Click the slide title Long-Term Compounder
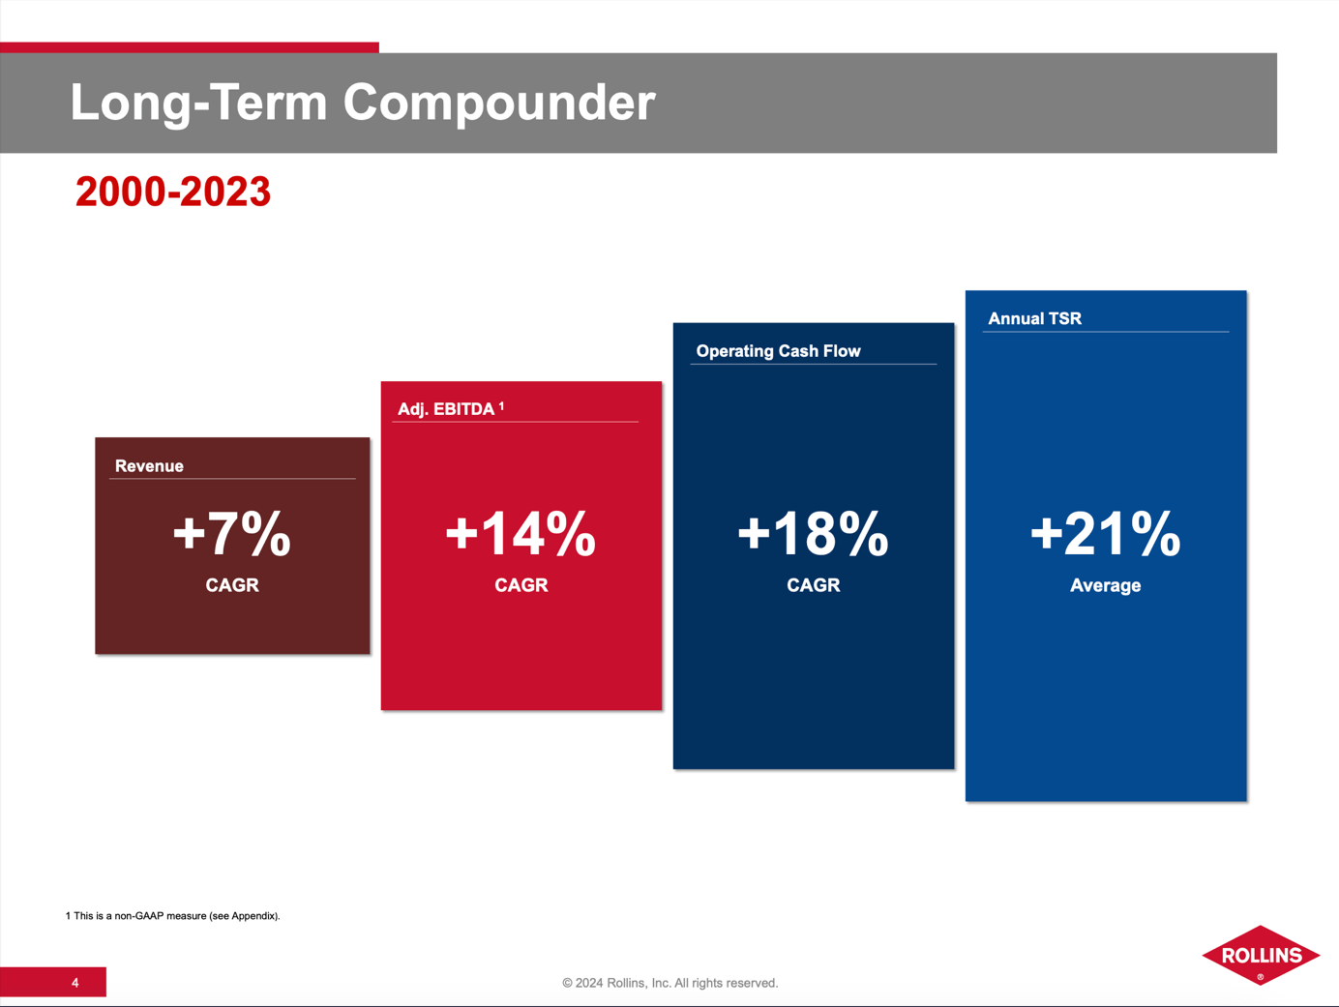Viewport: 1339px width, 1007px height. pos(363,103)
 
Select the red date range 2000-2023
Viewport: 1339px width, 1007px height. pos(173,192)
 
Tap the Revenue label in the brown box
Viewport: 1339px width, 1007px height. pos(149,466)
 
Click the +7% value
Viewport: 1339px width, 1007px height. pos(231,533)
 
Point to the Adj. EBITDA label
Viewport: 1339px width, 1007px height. pos(446,409)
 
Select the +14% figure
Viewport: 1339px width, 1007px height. pos(521,533)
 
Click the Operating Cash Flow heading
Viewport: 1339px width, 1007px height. pos(778,351)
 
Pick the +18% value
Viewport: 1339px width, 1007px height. pos(813,533)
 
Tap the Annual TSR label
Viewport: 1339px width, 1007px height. pos(1034,318)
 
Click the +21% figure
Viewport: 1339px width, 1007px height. pos(1105,533)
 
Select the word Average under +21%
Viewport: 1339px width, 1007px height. pos(1105,585)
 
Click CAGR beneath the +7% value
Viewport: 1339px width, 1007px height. pos(232,585)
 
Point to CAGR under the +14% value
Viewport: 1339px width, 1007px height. pos(521,585)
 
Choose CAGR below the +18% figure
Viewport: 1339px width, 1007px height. pos(813,585)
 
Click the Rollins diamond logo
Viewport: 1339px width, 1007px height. pos(1261,955)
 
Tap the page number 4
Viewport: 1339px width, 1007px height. pos(74,983)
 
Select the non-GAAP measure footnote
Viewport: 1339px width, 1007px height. pos(172,915)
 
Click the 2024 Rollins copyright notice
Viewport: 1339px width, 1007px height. pos(669,983)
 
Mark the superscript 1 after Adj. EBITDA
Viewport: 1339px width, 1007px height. pos(501,406)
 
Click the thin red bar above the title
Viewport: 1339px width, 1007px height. pos(189,47)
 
